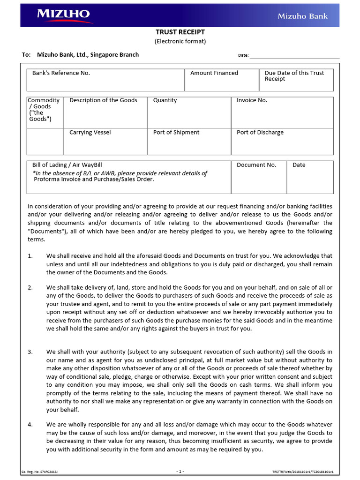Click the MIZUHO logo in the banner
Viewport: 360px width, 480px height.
pos(63,15)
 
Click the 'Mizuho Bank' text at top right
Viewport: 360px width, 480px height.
pos(302,16)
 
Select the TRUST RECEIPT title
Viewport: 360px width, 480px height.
pos(180,32)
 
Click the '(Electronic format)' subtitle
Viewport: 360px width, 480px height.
pos(180,41)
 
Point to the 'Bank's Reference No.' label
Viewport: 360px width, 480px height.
pos(61,73)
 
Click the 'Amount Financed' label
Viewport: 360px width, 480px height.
pos(214,73)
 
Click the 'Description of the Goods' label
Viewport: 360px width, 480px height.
pos(103,100)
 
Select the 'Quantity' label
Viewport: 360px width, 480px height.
pos(165,100)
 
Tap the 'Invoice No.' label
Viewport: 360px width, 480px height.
pos(252,100)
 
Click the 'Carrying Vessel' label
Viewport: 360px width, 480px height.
pos(90,133)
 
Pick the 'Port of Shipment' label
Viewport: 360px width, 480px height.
pos(176,133)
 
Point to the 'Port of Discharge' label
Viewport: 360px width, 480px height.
pos(260,133)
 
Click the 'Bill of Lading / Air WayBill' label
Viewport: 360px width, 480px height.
pos(67,165)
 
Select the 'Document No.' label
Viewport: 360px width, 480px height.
pos(256,165)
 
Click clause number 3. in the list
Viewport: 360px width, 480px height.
pos(30,352)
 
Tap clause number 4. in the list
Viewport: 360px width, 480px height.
pos(30,425)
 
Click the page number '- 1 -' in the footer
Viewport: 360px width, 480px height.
pos(180,472)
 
